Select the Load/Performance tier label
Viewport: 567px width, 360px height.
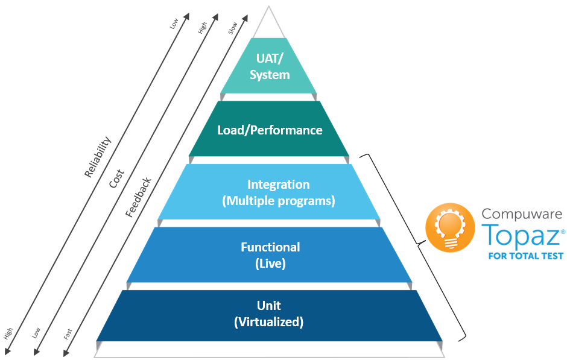coord(269,130)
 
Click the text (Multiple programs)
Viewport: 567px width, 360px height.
coord(278,200)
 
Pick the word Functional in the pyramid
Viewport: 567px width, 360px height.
coord(270,247)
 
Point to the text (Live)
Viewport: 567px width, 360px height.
coord(270,263)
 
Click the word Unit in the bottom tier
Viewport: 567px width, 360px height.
coord(269,306)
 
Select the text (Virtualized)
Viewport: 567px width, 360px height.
coord(269,322)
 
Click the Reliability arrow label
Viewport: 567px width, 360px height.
coord(98,157)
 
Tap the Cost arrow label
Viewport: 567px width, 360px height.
coord(116,178)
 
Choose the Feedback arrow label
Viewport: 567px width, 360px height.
coord(138,197)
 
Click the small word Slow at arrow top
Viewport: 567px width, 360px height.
coord(233,28)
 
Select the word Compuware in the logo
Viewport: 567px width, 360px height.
coord(522,213)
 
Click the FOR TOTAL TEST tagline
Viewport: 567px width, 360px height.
coord(525,256)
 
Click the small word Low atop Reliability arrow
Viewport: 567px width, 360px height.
coord(174,24)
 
